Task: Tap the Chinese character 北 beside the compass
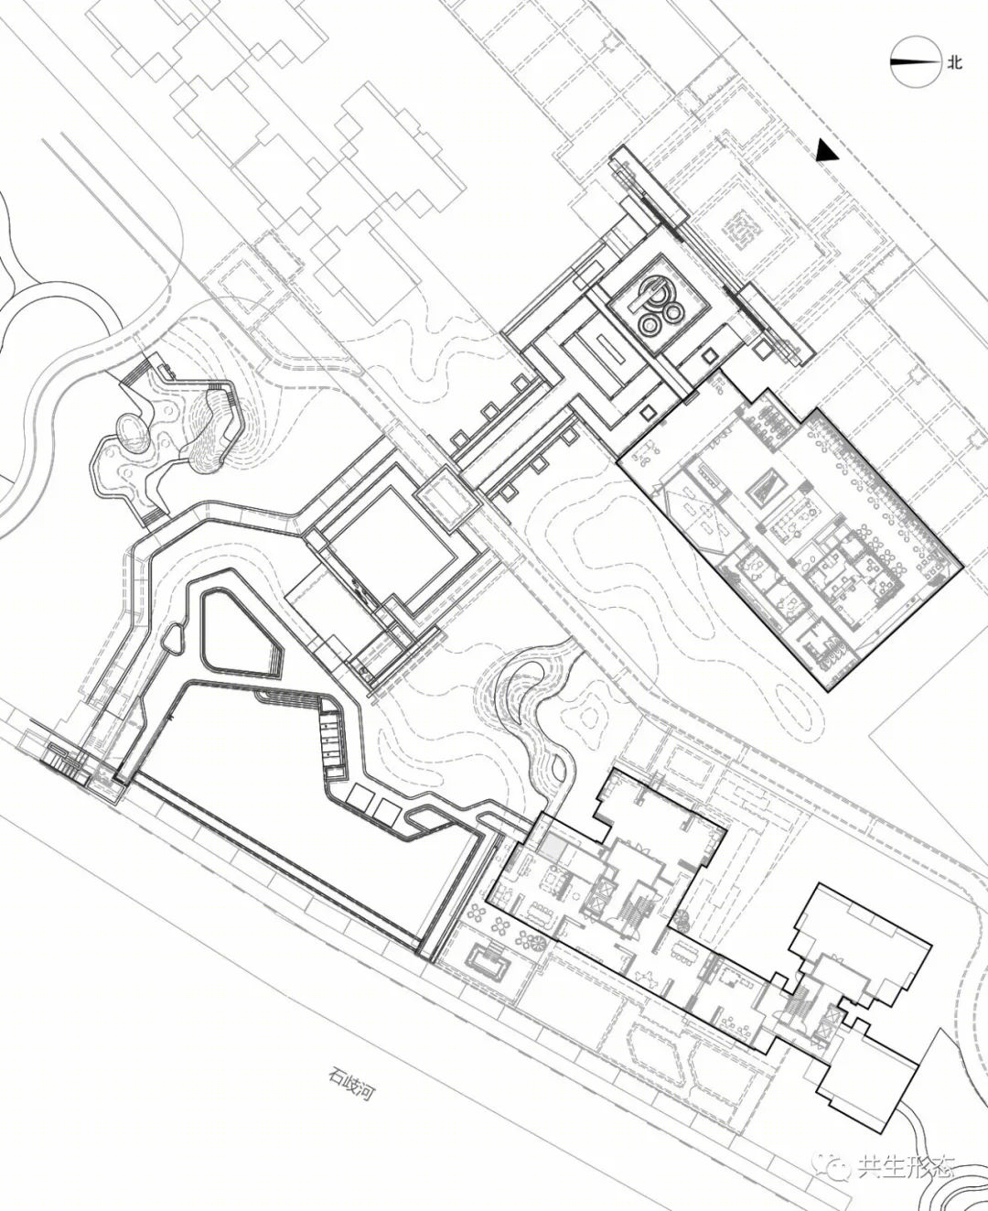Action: pyautogui.click(x=955, y=62)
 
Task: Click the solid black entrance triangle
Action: pyautogui.click(x=827, y=150)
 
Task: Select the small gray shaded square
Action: pyautogui.click(x=553, y=849)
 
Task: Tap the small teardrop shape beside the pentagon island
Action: pyautogui.click(x=173, y=638)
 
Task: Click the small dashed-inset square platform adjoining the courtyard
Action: pyautogui.click(x=447, y=495)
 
